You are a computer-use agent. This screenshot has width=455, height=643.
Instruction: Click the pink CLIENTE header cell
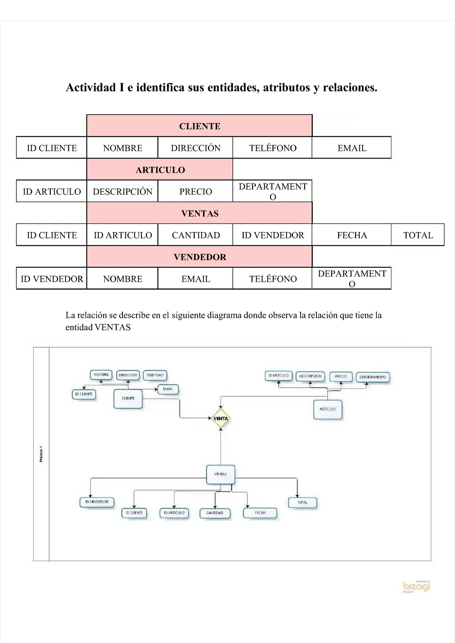199,126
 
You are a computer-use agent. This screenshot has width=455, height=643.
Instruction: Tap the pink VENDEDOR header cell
199,257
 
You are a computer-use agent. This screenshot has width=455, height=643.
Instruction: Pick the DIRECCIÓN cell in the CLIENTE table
195,148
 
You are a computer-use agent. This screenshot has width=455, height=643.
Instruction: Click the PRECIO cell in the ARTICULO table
195,192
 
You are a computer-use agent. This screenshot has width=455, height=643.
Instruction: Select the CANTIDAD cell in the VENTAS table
195,235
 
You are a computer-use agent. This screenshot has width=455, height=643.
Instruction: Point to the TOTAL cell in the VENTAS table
418,235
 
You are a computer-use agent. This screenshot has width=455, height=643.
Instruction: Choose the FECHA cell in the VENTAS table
351,235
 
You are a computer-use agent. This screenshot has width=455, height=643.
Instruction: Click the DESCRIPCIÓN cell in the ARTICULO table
122,192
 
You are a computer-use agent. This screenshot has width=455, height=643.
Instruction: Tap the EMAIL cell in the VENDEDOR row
195,279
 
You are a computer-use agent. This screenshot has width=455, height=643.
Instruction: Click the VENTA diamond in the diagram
221,419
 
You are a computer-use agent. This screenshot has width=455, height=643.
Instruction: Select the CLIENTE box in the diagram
128,399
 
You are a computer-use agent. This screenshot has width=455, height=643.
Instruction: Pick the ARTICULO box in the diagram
328,409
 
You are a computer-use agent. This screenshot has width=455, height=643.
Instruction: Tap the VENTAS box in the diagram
220,474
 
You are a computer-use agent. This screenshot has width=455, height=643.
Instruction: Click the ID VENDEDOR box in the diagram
97,502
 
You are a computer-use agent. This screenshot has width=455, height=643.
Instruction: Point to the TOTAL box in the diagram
302,503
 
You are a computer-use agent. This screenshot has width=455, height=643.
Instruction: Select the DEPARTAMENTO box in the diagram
372,377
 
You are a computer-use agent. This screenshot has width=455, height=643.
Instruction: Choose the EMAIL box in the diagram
168,389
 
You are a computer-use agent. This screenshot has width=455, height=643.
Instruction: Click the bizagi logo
416,586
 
